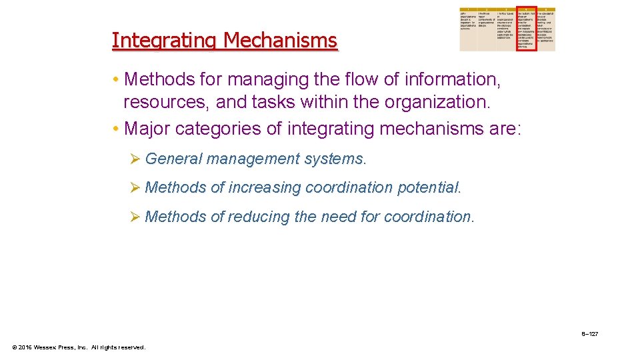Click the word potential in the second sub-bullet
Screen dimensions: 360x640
(x=427, y=187)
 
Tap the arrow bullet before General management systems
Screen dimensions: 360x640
(x=134, y=159)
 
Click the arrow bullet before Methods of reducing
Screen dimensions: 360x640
(x=134, y=217)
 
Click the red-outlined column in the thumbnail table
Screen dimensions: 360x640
(x=526, y=30)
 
